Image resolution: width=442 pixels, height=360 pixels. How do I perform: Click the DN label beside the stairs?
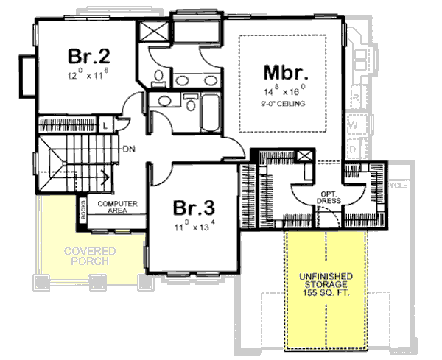127,147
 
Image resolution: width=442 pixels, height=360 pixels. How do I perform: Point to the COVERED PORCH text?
85,255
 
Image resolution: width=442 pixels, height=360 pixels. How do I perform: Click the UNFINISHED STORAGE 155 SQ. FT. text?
325,283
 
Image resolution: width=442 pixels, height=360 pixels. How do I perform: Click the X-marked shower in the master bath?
156,34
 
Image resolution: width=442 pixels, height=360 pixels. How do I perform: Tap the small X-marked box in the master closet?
304,157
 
